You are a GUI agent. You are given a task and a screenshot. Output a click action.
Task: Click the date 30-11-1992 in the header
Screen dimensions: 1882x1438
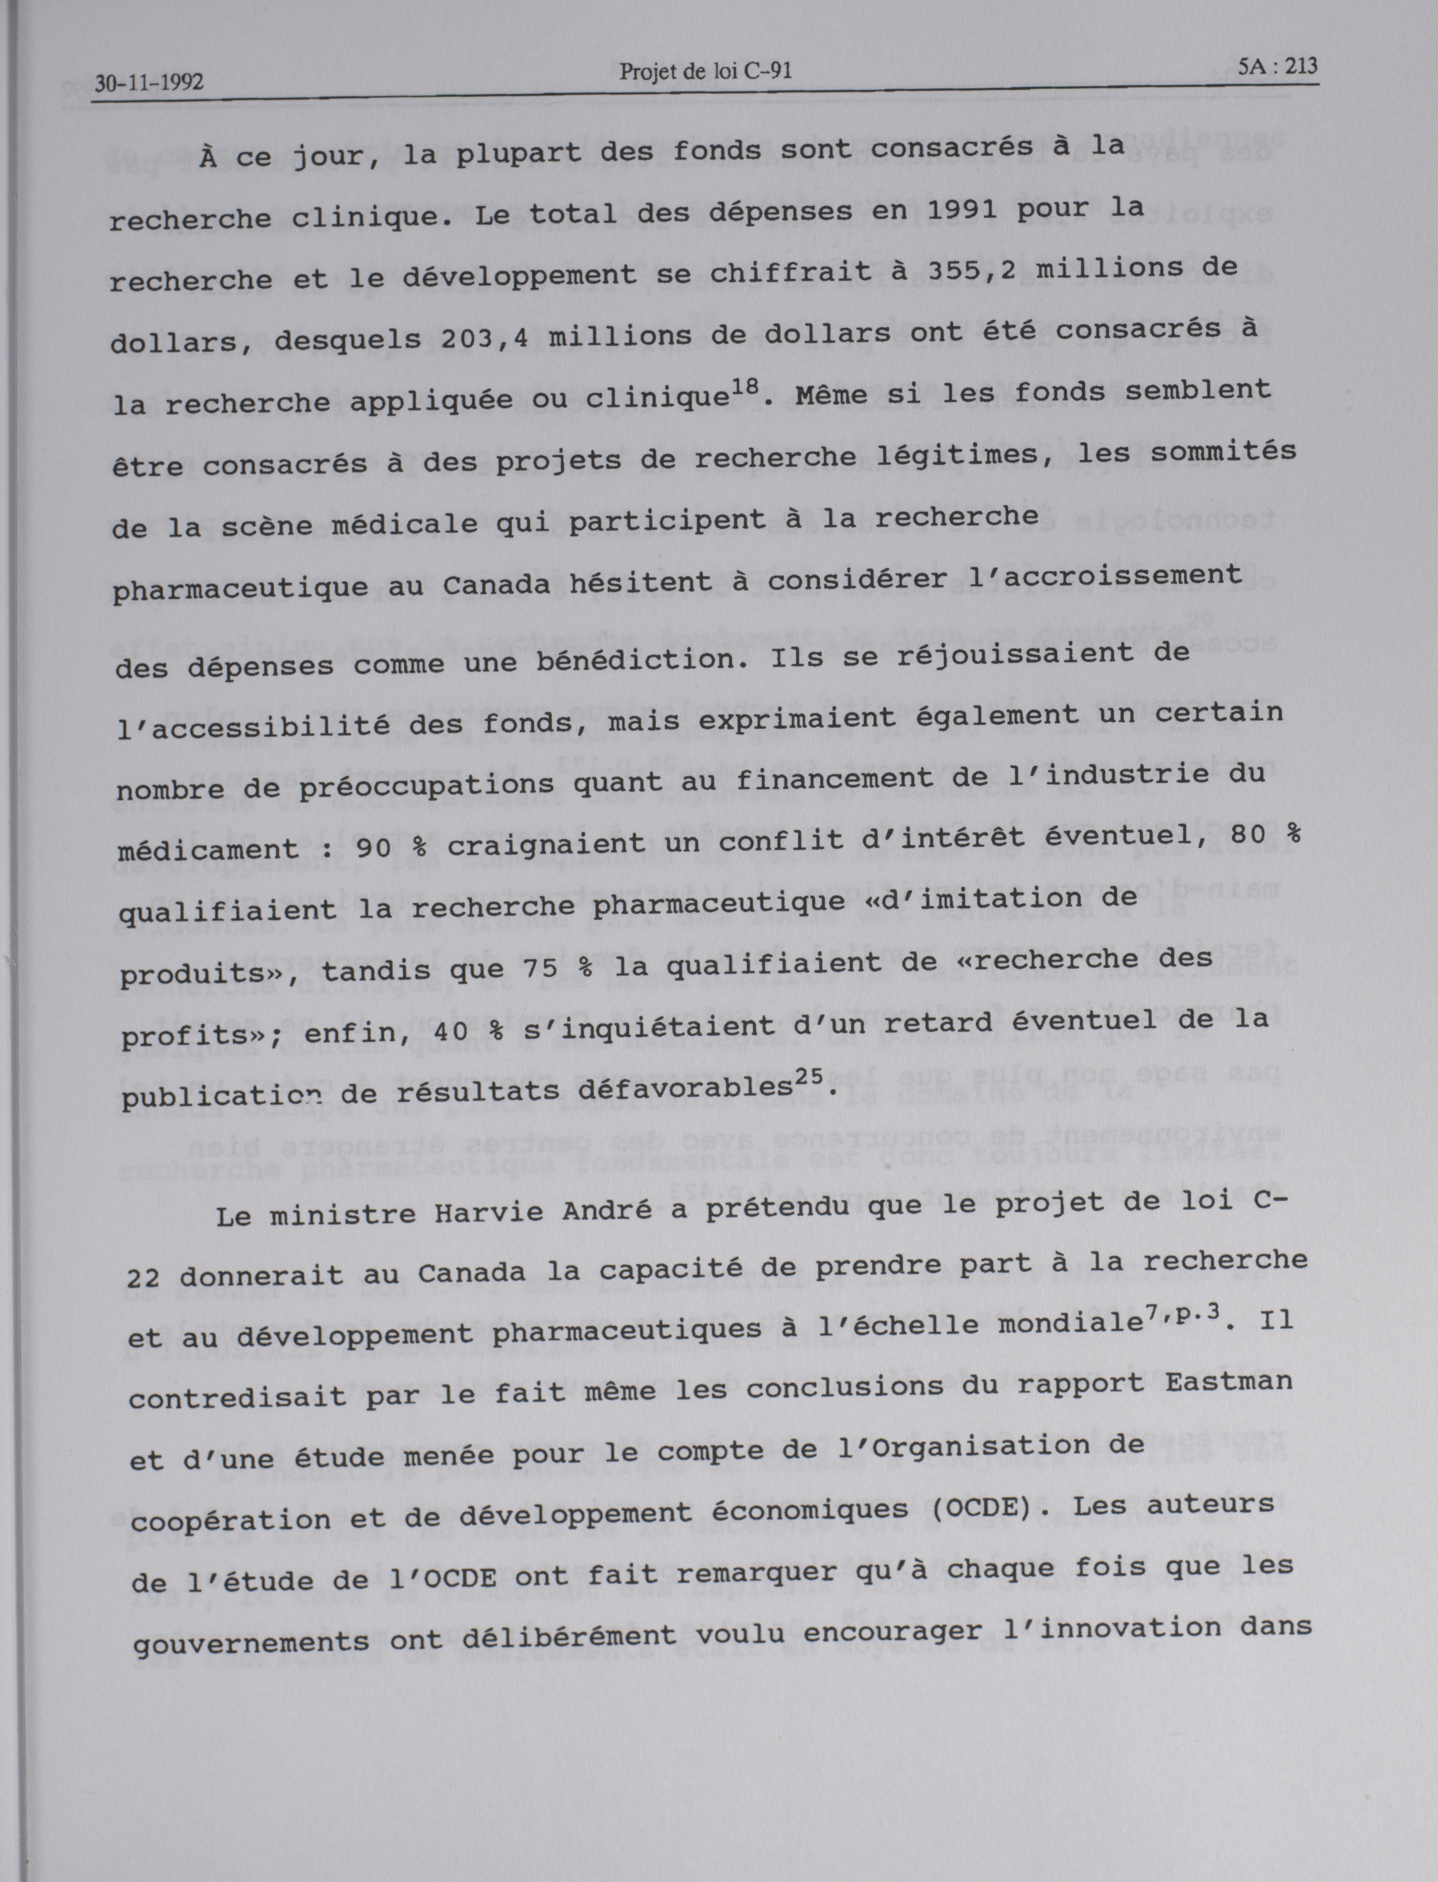[149, 83]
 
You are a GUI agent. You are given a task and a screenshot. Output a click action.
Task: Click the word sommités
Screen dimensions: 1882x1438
[1222, 452]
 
